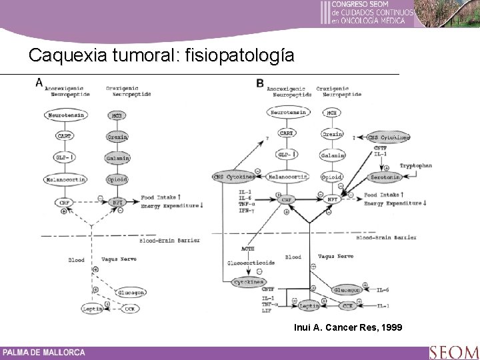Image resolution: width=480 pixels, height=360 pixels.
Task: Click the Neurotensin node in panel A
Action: coord(65,115)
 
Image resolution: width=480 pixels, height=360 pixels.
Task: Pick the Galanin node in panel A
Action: coord(117,158)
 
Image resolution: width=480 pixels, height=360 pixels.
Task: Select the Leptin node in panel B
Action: coord(309,305)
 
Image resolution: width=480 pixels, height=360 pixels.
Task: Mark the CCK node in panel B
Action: coord(347,305)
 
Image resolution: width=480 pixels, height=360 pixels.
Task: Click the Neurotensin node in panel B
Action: coord(287,113)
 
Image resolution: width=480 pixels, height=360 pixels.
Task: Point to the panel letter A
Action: coord(39,82)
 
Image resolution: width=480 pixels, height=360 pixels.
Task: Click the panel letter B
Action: coord(259,83)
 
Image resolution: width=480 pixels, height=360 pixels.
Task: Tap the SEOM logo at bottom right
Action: coord(453,351)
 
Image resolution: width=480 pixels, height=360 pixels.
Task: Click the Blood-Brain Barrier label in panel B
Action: coord(387,237)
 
